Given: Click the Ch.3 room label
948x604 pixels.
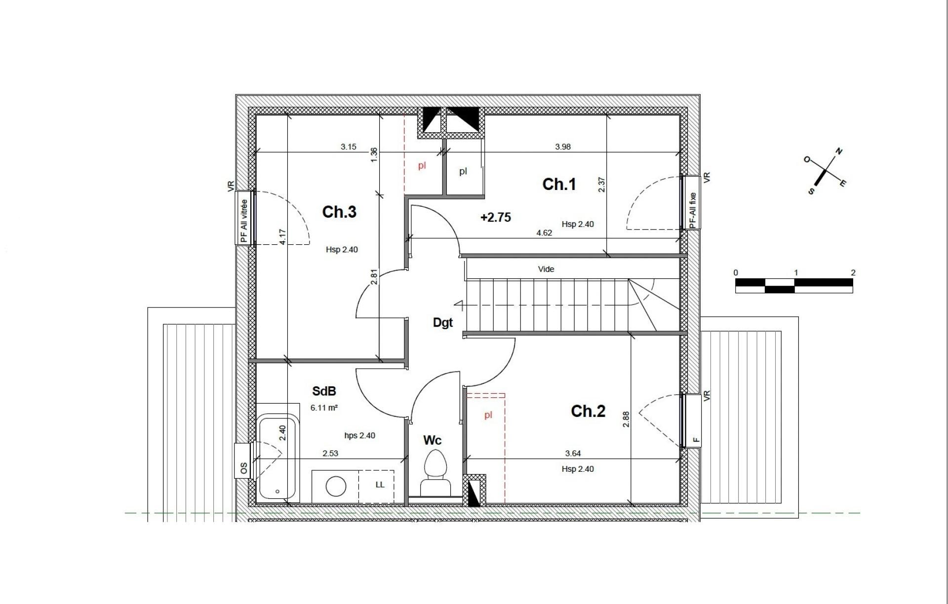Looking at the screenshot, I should coord(339,212).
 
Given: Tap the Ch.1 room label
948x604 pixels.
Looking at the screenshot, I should coord(559,185).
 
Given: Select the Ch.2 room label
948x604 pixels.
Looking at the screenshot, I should coord(588,411).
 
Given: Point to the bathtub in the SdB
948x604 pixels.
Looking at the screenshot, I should coord(277,458).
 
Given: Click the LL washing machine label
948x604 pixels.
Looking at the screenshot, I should coord(380,485).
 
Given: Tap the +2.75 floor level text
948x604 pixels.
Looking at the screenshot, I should coord(496,218).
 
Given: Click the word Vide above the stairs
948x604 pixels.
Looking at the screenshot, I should coord(546,269).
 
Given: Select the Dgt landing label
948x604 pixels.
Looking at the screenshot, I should coord(442,323).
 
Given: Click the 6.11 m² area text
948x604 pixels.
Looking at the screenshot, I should coord(324,408).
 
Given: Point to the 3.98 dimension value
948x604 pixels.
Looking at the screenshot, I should coord(563,147).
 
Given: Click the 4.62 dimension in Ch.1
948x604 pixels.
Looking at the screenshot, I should coord(544,233).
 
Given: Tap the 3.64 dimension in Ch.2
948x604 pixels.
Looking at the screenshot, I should coord(573,453).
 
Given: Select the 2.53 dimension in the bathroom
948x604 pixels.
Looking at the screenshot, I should coord(330,453).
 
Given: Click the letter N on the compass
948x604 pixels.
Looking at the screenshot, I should coord(839,151).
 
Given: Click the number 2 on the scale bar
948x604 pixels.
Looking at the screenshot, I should coord(853,273).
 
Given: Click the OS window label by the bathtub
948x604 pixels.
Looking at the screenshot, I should coord(243,469).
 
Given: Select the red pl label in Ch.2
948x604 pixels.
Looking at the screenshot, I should coord(488,415).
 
